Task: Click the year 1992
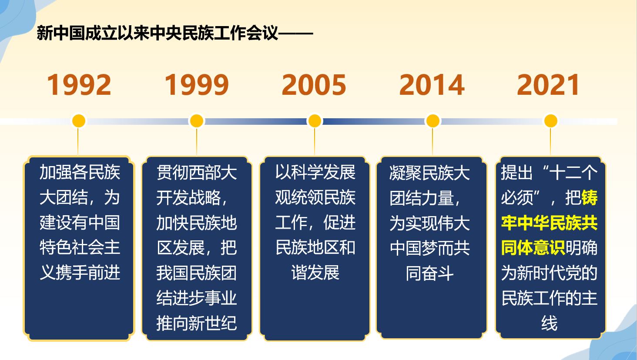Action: point(79,85)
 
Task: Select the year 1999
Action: point(197,85)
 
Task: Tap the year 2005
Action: point(314,85)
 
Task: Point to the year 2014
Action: point(432,85)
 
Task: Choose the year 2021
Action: point(548,85)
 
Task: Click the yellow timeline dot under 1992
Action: point(79,121)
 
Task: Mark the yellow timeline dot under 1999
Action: point(197,121)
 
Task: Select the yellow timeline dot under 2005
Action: point(315,121)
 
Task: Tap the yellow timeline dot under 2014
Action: point(432,121)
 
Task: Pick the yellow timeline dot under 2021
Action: point(550,121)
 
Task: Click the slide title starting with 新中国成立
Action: point(175,33)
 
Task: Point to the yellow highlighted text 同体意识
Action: point(533,248)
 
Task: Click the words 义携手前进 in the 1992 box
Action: point(80,273)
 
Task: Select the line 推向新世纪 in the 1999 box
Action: point(197,323)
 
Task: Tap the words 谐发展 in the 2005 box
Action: point(315,273)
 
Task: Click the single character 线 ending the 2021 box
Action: point(550,323)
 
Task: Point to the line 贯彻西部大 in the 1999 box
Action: point(197,172)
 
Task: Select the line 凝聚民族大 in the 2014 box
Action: point(430,173)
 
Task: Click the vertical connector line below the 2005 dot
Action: point(315,142)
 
